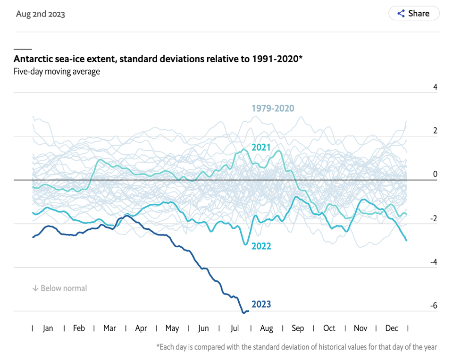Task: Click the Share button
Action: [x=414, y=13]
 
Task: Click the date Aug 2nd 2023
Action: [x=41, y=14]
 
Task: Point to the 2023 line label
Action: [x=261, y=304]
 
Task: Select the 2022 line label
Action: [x=261, y=246]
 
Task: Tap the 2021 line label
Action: [x=261, y=147]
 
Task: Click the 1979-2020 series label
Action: [x=272, y=109]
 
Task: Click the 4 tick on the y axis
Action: [x=435, y=87]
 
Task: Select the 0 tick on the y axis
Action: [x=435, y=174]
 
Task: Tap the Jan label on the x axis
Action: [x=48, y=328]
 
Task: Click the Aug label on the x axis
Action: [x=267, y=328]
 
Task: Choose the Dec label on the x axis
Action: [x=392, y=328]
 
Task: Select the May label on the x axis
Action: [x=172, y=328]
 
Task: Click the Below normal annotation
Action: [x=59, y=288]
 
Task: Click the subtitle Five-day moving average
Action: [x=57, y=72]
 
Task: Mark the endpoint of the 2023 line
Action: [x=248, y=311]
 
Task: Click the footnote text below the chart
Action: [x=296, y=347]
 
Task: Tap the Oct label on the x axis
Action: [x=329, y=328]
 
